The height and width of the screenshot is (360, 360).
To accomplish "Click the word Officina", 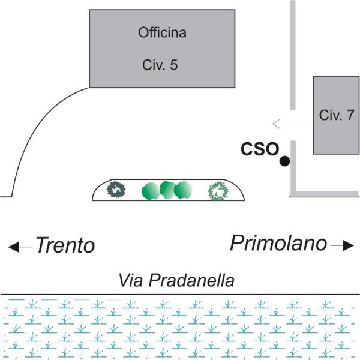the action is coord(162,32).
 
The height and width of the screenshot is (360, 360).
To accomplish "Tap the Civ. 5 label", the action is coord(160,65).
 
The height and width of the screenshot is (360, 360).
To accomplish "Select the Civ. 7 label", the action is coord(337,115).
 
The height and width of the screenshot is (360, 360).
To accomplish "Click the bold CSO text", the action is coord(260,149).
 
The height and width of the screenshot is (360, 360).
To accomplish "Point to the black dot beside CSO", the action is coord(284,161).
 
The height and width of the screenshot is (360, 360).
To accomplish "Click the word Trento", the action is coord(65,245).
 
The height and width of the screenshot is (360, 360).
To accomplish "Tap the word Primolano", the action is coord(278,244).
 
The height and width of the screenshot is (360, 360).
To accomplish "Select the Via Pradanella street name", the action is coord(176,280).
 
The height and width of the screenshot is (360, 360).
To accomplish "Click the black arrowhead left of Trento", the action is coord(14,247).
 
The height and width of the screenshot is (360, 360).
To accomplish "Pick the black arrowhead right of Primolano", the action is coord(348,245).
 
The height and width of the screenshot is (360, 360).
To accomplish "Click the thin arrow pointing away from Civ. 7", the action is coord(291,124).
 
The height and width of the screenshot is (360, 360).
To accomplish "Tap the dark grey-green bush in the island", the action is coord(116,190).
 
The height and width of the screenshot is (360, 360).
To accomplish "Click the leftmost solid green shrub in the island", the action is coord(151,191).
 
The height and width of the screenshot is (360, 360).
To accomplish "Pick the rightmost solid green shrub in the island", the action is coord(183,190).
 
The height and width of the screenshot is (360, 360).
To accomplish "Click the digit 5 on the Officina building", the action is coord(174,65).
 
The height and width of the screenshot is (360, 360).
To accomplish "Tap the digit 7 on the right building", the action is coord(350,115).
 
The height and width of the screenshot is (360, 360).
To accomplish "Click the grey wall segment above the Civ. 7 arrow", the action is coord(293,55).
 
